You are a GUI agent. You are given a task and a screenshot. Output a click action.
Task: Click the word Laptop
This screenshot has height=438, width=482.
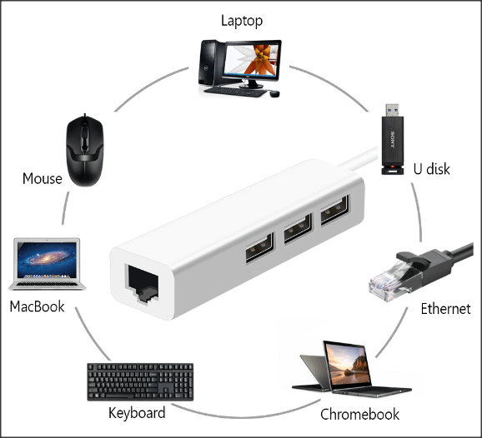point(242,21)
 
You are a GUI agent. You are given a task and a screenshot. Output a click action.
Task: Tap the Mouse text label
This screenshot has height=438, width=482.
point(43,178)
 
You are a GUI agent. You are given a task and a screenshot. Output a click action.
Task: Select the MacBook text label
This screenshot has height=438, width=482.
point(37,306)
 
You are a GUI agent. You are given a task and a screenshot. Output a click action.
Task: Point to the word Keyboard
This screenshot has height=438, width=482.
point(137,413)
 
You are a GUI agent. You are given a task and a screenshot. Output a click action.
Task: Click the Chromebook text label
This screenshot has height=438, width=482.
point(359,415)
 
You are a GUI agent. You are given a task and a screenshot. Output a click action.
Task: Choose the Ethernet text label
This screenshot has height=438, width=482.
point(445,309)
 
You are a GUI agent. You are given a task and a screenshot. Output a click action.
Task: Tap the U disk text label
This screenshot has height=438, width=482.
point(432,169)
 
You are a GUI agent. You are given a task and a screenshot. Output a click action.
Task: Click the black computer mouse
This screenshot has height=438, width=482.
point(85,150)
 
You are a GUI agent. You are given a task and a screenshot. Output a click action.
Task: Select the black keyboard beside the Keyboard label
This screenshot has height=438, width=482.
point(140,382)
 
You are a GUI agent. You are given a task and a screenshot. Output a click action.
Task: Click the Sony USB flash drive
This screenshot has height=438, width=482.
point(393,139)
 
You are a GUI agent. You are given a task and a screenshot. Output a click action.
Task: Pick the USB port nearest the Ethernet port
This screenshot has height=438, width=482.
point(259,247)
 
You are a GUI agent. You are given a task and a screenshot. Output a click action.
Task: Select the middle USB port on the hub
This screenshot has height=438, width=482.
point(298,229)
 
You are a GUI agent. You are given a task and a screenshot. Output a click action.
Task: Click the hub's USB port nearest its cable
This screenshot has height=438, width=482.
point(335,210)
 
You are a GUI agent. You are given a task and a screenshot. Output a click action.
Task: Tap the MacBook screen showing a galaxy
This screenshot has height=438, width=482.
point(47,259)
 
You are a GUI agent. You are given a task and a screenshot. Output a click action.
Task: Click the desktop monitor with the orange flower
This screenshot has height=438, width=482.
point(252,64)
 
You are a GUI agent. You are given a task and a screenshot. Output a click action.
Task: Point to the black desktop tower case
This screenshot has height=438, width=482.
point(211,62)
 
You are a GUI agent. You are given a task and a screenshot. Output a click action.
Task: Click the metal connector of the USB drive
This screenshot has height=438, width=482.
point(392,110)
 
